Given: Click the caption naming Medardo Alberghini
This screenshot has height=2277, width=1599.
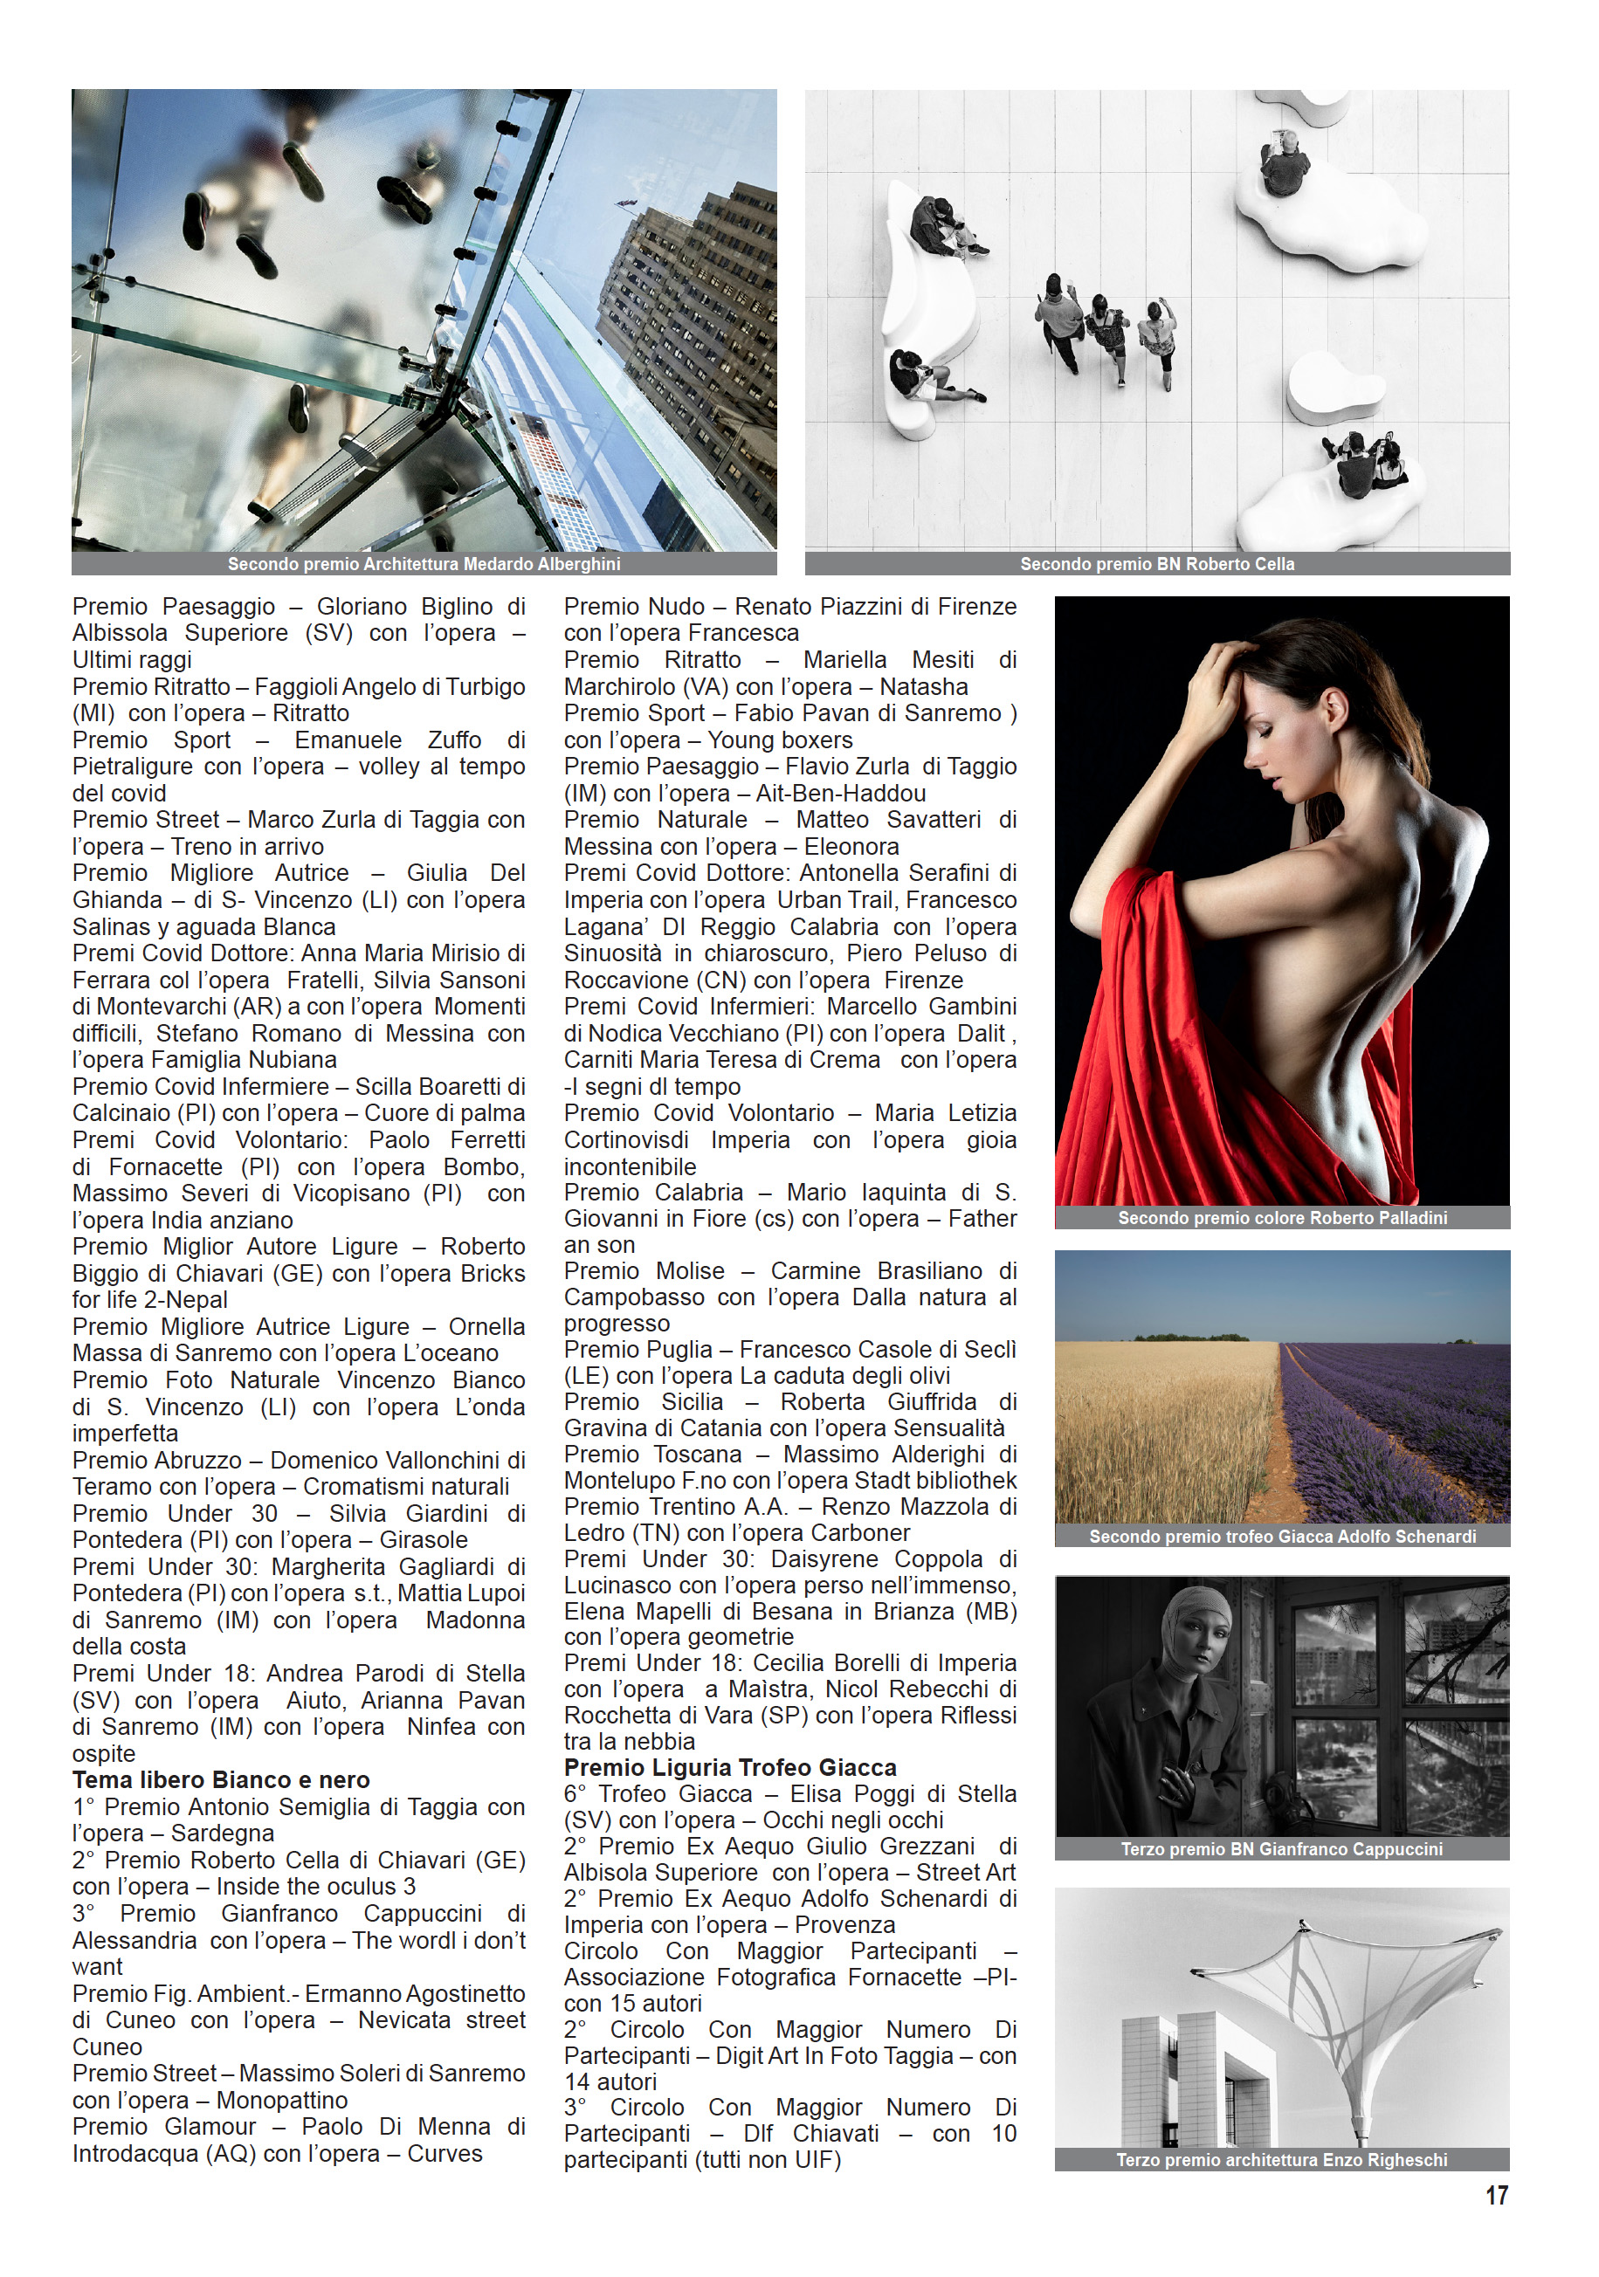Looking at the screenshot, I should [424, 564].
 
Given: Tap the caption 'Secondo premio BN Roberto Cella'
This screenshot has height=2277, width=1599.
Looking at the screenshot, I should [1156, 564].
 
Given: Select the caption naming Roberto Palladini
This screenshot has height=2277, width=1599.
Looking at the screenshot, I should [1282, 1218].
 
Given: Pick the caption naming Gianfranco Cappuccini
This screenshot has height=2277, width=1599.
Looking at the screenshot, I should [1282, 1848].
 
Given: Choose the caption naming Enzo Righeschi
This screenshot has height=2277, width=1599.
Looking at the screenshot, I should [1282, 2159].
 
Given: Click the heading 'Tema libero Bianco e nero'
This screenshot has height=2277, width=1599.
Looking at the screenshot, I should [221, 1779].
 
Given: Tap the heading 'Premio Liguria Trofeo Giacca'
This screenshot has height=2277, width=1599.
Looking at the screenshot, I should [730, 1767].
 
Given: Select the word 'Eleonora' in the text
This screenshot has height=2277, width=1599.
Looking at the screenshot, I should [851, 847].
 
